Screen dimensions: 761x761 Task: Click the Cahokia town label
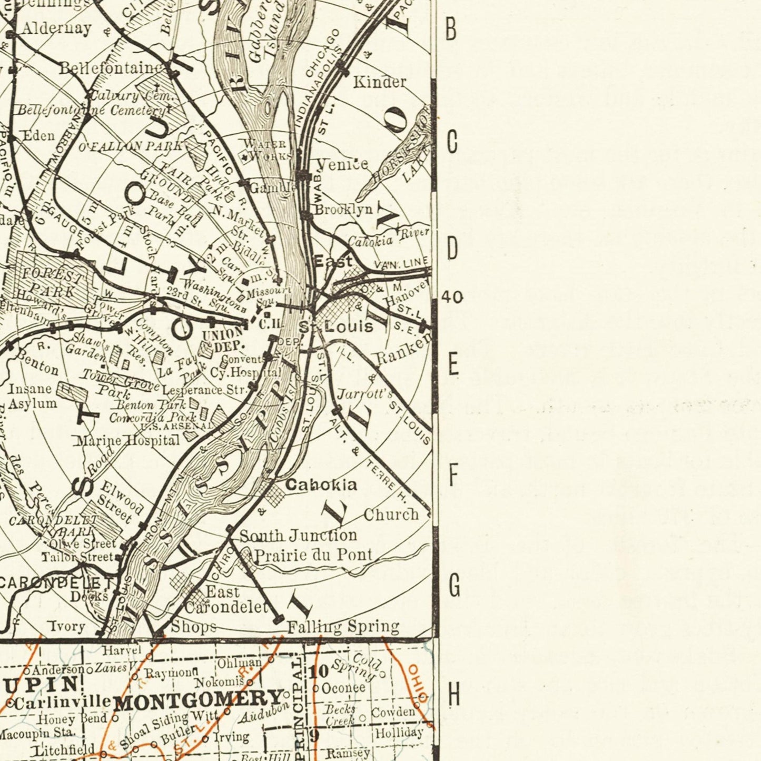point(321,485)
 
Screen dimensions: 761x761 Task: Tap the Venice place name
point(342,164)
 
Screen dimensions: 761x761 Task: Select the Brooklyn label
point(343,210)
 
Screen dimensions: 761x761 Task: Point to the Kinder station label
point(379,82)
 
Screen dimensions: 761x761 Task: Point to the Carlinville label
point(62,703)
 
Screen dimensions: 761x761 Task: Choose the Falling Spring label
point(343,627)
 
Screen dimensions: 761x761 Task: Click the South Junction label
point(298,536)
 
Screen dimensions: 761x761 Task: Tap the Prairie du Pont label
point(313,555)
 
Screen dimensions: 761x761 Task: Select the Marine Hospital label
point(127,440)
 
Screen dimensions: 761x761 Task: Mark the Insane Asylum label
point(32,397)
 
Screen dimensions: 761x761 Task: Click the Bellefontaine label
point(111,68)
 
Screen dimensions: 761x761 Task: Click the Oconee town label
point(343,688)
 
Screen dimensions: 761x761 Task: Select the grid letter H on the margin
point(453,696)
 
